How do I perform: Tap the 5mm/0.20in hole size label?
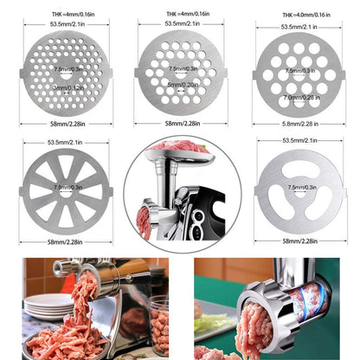click(x=180, y=86)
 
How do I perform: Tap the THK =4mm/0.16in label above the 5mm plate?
click(x=180, y=13)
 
